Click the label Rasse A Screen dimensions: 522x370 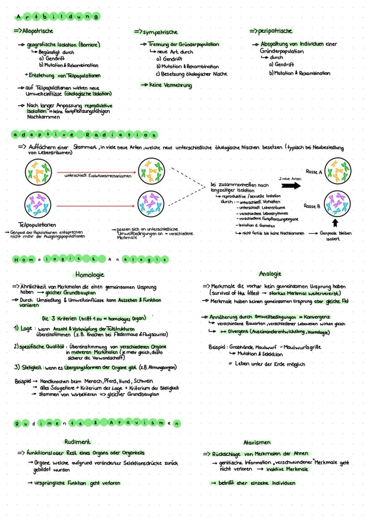click(315, 171)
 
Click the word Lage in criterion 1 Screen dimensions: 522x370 click(26, 328)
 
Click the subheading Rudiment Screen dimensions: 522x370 click(77, 442)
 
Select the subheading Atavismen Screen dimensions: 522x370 click(256, 443)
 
